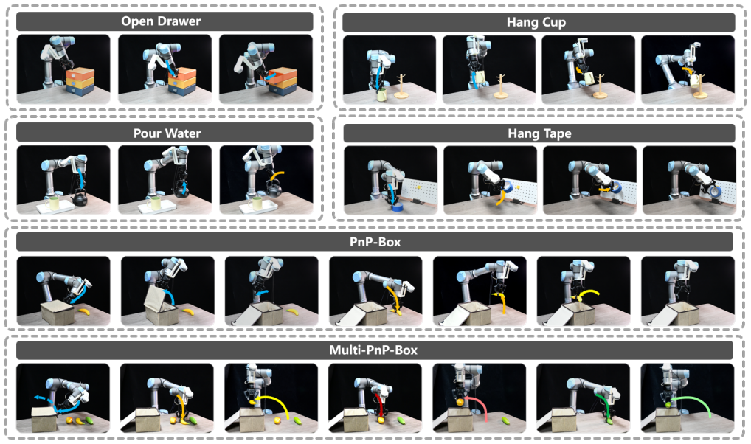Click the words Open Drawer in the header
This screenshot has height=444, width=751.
pos(161,21)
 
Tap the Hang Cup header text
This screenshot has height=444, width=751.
pos(536,22)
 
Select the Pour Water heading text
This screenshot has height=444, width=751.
pos(167,133)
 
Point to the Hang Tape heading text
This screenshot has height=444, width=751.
pos(539,133)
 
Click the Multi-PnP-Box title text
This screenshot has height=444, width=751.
pos(373,350)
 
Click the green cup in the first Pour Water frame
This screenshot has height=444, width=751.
pos(54,204)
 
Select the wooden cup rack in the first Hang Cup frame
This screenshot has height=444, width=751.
pos(401,87)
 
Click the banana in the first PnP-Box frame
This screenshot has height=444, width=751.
pos(84,312)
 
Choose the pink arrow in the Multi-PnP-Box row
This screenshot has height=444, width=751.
pos(475,406)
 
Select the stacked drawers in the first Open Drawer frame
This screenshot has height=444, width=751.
pos(80,81)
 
